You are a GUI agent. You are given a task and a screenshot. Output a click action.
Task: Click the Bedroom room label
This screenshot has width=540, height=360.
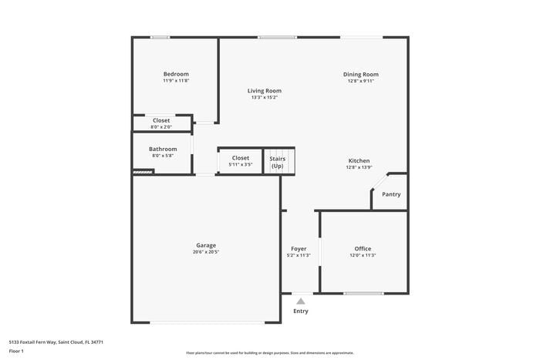tap(176, 74)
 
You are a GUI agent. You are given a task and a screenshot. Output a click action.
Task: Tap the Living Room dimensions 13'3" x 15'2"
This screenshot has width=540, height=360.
tap(264, 98)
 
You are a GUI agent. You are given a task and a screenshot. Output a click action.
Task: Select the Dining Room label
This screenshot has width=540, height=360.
tap(360, 75)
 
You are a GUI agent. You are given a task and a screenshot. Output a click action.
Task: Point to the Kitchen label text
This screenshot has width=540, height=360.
tap(359, 160)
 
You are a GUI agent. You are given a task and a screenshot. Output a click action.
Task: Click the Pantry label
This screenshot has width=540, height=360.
tap(391, 194)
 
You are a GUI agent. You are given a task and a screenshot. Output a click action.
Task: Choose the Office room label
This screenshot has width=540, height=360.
tap(363, 249)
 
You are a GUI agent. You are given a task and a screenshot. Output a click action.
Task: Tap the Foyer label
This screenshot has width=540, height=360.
tap(298, 249)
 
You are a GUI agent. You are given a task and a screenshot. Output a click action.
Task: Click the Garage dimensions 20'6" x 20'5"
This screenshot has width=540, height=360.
tap(205, 252)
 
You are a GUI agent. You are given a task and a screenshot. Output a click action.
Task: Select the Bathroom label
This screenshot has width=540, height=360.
tap(163, 149)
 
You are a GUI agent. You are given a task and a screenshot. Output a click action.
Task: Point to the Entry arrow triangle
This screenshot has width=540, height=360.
tap(301, 302)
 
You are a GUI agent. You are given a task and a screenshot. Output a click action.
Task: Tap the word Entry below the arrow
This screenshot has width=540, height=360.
tap(301, 311)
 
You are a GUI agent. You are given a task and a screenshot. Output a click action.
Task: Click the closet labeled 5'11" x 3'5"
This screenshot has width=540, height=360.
tap(241, 161)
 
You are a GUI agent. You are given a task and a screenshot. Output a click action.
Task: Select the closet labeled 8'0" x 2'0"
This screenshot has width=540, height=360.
tap(161, 123)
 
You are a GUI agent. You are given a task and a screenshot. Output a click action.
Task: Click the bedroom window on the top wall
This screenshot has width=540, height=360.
tap(160, 37)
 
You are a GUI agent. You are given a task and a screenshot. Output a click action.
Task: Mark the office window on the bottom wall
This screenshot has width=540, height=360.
tap(363, 293)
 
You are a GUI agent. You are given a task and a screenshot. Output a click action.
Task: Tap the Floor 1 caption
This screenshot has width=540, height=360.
tap(16, 352)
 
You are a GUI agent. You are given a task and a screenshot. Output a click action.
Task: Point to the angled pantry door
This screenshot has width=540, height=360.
tap(379, 182)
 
